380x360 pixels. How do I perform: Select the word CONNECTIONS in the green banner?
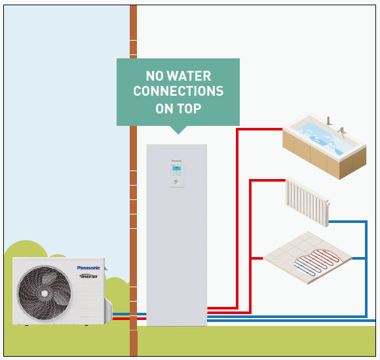pos(178,91)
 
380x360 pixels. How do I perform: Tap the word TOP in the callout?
pos(189,108)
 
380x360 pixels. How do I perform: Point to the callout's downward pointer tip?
pos(178,132)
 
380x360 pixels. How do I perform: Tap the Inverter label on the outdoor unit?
pos(89,276)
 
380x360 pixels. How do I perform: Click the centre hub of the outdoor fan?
pos(44,293)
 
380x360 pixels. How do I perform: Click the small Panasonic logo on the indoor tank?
pos(176,157)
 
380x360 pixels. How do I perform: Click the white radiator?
pos(307,200)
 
